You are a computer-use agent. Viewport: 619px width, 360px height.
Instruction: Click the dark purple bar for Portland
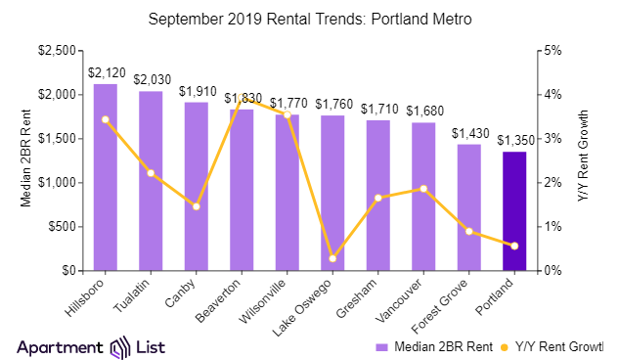(514, 210)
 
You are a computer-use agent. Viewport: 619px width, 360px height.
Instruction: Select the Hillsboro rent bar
(105, 177)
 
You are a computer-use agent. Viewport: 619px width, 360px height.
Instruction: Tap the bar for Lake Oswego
(332, 193)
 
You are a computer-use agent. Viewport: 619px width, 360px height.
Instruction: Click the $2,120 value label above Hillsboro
(105, 72)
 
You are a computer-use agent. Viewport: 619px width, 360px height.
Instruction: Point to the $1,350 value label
(514, 140)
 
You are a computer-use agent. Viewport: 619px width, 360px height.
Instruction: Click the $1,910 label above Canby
(196, 91)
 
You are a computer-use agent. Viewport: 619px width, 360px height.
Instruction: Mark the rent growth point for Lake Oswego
(332, 258)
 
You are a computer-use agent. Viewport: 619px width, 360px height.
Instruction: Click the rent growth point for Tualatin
(151, 173)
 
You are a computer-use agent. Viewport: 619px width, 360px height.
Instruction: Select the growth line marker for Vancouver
(423, 189)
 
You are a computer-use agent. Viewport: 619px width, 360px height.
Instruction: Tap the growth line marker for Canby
(196, 206)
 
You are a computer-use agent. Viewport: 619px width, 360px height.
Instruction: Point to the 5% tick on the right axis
(553, 51)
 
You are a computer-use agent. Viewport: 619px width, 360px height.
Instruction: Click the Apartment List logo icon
(120, 347)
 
